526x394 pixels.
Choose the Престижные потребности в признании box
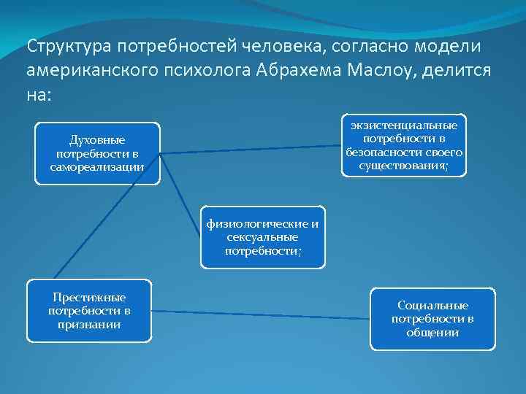pyautogui.click(x=89, y=311)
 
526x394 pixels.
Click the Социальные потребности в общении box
pyautogui.click(x=432, y=319)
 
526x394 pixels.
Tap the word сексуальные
pyautogui.click(x=263, y=236)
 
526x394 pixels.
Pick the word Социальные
pyautogui.click(x=432, y=306)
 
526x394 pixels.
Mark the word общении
pyautogui.click(x=432, y=332)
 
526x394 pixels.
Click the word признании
pyautogui.click(x=89, y=324)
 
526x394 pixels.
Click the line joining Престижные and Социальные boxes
pyautogui.click(x=263, y=314)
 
